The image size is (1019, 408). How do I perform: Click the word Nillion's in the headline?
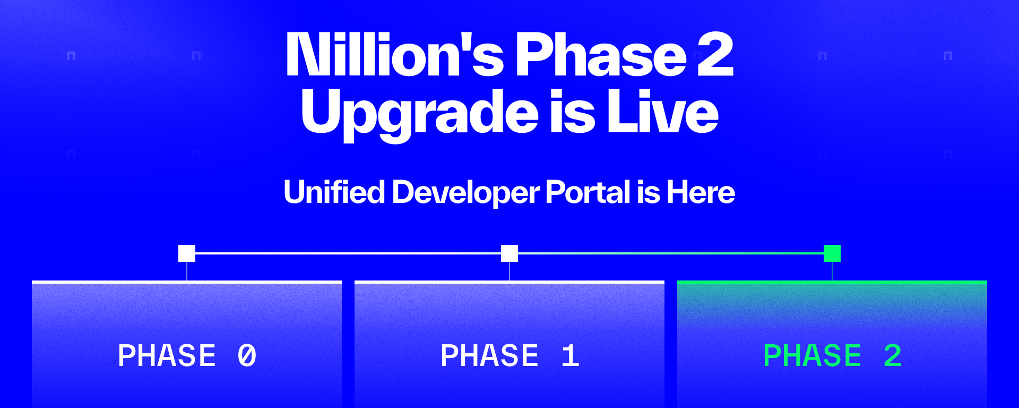pyautogui.click(x=395, y=54)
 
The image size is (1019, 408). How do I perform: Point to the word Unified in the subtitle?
pyautogui.click(x=334, y=192)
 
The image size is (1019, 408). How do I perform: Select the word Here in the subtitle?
pyautogui.click(x=701, y=192)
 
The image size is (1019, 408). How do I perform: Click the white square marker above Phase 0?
pyautogui.click(x=187, y=253)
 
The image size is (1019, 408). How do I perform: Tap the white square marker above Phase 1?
pyautogui.click(x=509, y=253)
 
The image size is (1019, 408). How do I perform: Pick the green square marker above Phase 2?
pyautogui.click(x=832, y=253)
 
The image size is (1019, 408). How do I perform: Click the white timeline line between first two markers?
pyautogui.click(x=348, y=253)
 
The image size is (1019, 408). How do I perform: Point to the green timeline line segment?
pyautogui.click(x=671, y=253)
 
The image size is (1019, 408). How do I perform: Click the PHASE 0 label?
pyautogui.click(x=187, y=355)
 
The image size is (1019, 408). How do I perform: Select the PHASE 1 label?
pyautogui.click(x=510, y=355)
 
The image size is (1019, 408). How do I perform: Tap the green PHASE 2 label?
pyautogui.click(x=833, y=355)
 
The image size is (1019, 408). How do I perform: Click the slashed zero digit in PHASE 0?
pyautogui.click(x=247, y=355)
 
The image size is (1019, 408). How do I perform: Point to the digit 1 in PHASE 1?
pyautogui.click(x=570, y=355)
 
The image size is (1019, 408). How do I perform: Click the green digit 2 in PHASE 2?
pyautogui.click(x=893, y=355)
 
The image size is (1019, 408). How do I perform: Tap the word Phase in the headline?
pyautogui.click(x=601, y=54)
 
